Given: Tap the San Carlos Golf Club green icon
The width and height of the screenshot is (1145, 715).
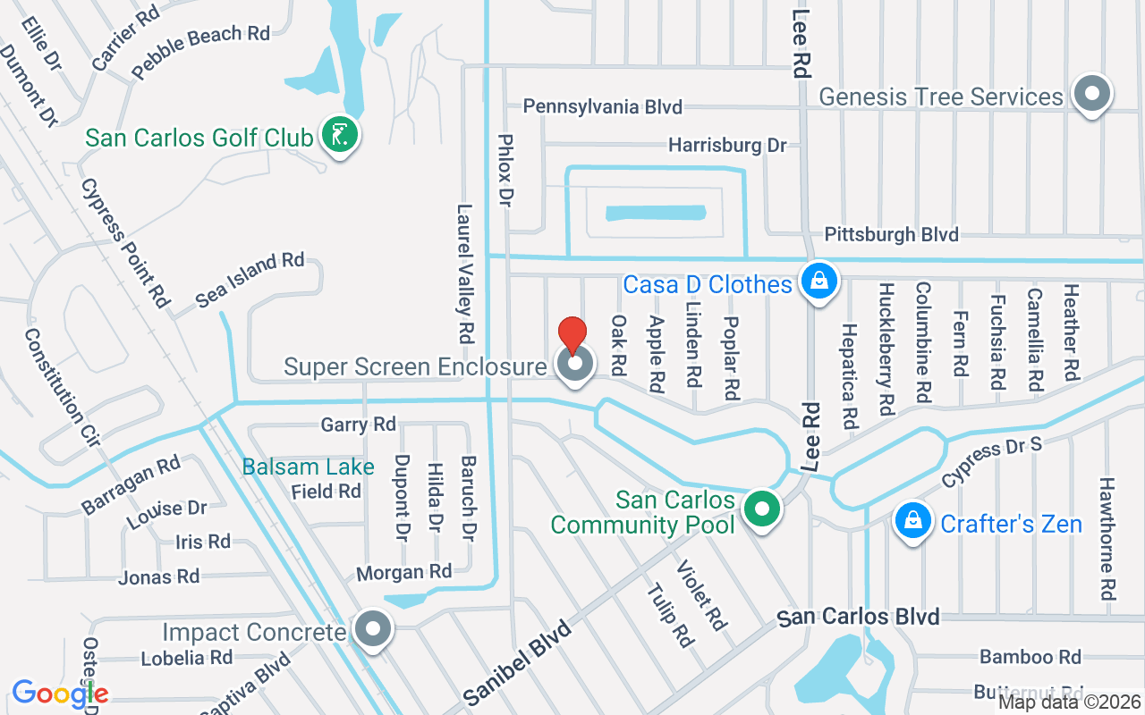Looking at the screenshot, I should [340, 136].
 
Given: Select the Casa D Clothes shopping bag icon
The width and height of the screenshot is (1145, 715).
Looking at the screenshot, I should [818, 282].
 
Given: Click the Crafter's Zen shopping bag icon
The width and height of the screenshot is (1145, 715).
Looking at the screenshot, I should [912, 522].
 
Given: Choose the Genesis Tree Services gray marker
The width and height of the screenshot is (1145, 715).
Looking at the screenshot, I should [1091, 94].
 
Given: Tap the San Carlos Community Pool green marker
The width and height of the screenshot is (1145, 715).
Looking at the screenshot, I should [762, 510].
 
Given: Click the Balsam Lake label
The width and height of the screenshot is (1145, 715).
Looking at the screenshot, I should [308, 467].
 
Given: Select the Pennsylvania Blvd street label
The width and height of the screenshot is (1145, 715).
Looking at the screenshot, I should [602, 107].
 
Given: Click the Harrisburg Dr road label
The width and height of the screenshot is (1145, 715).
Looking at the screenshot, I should [726, 145].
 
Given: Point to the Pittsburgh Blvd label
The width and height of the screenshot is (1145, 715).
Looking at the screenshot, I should [891, 235].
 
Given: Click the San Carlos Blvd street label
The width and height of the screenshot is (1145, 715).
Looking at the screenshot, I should [858, 617].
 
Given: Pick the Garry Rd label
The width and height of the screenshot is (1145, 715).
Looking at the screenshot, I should [358, 425].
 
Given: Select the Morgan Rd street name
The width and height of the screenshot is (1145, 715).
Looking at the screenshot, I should [403, 571].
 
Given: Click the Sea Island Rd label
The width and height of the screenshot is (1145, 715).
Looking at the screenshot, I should [250, 280].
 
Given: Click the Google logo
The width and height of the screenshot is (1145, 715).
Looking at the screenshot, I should [60, 693].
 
